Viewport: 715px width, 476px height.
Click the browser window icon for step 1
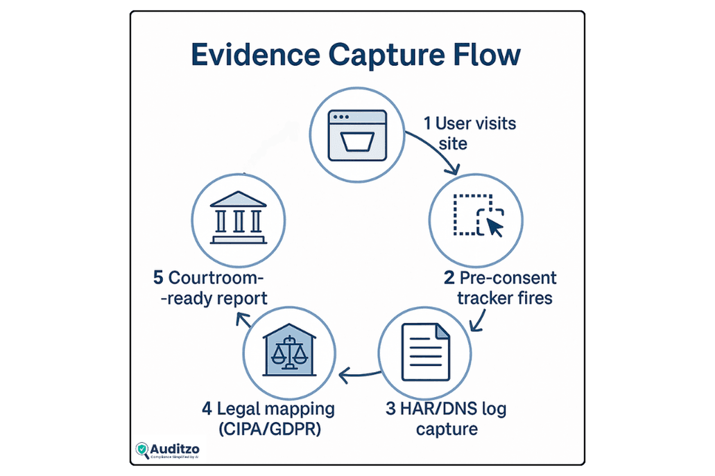[x=357, y=135]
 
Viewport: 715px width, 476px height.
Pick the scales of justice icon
[x=289, y=351]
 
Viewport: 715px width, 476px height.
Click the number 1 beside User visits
[x=428, y=124]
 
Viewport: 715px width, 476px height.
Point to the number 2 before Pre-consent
[x=449, y=279]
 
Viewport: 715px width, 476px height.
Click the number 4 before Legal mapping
[x=207, y=407]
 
